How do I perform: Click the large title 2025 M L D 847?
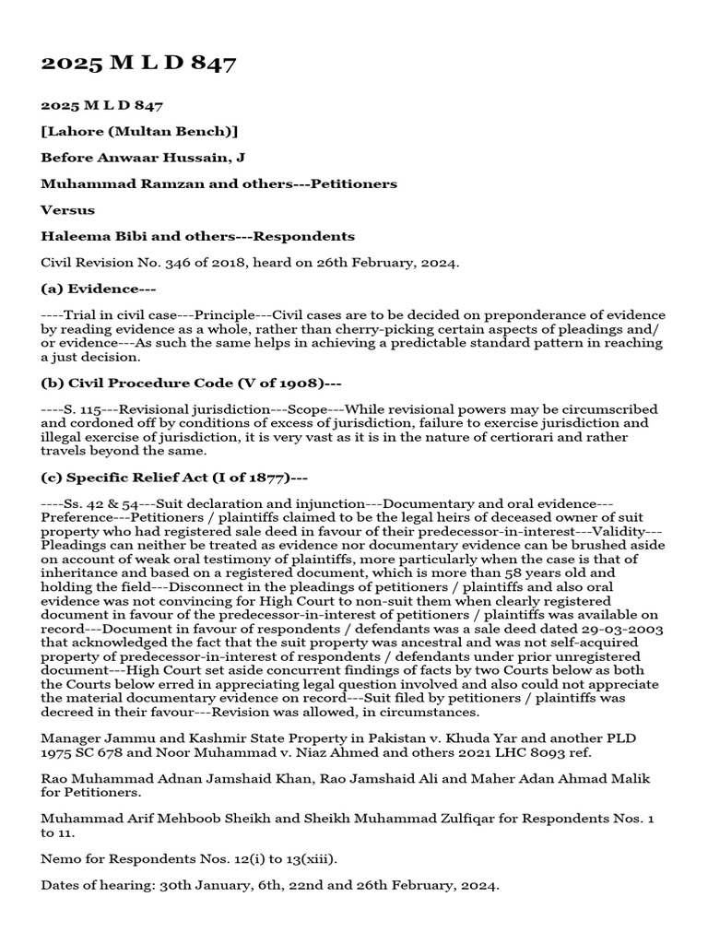(138, 64)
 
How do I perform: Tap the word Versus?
(67, 210)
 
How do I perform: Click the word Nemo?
(60, 858)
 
